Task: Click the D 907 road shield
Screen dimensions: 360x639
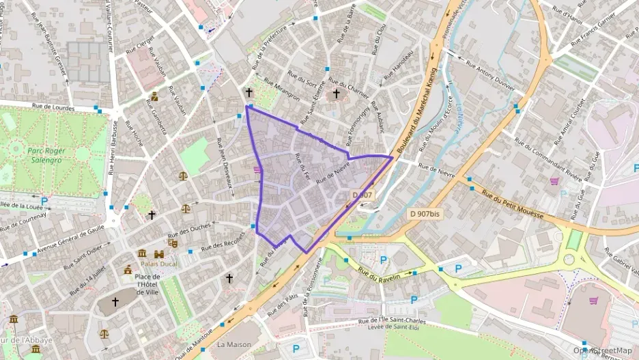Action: click(363, 195)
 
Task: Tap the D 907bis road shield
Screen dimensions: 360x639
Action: click(425, 214)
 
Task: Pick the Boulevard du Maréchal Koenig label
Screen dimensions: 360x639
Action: click(416, 109)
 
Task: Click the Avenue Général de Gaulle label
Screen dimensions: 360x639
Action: click(72, 237)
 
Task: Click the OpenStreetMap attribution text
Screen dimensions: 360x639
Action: click(601, 350)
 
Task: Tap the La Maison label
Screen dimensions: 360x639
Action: click(234, 345)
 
